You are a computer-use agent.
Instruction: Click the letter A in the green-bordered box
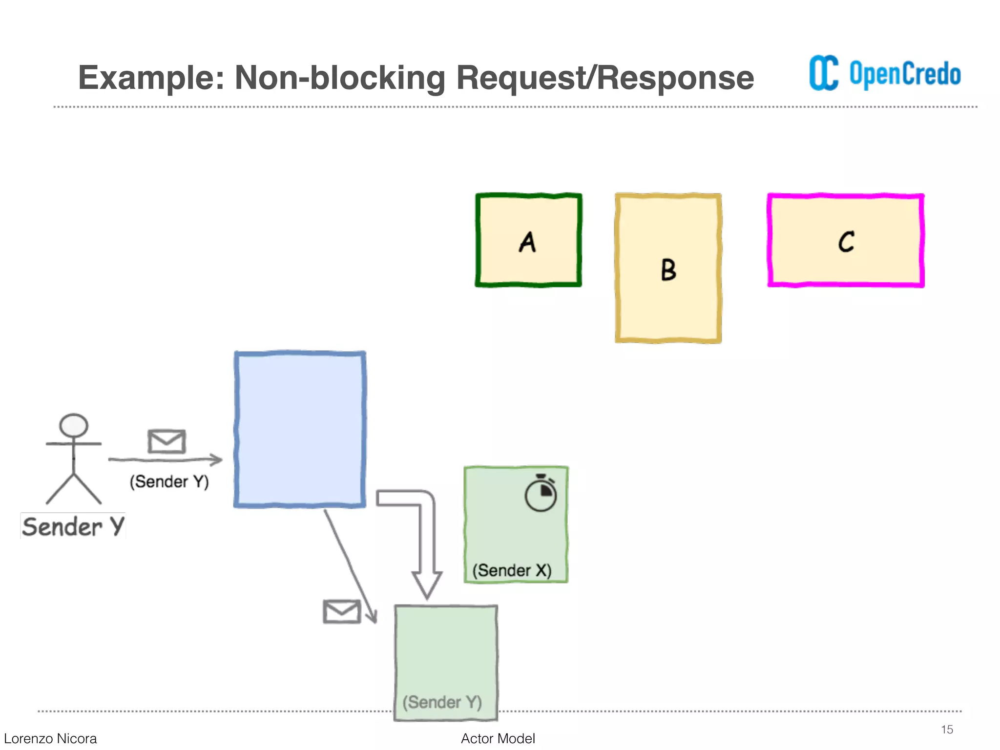point(527,242)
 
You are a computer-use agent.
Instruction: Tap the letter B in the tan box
point(668,270)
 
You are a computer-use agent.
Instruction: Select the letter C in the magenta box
point(846,242)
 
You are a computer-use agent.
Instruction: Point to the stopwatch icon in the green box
point(541,494)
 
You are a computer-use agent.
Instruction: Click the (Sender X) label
point(512,570)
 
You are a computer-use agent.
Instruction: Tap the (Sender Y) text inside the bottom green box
point(442,702)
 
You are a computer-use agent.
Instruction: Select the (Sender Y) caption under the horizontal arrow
point(169,481)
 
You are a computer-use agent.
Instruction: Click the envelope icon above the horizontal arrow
point(167,441)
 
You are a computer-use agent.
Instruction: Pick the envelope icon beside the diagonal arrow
point(342,611)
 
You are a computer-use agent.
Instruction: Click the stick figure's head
point(74,425)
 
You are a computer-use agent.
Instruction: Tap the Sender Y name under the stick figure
point(73,526)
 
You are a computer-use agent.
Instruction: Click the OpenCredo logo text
point(905,74)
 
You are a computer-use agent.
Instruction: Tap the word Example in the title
point(150,78)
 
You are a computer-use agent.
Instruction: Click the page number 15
point(947,729)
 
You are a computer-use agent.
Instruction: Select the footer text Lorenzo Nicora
point(50,738)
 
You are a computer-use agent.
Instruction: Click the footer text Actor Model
point(498,738)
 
